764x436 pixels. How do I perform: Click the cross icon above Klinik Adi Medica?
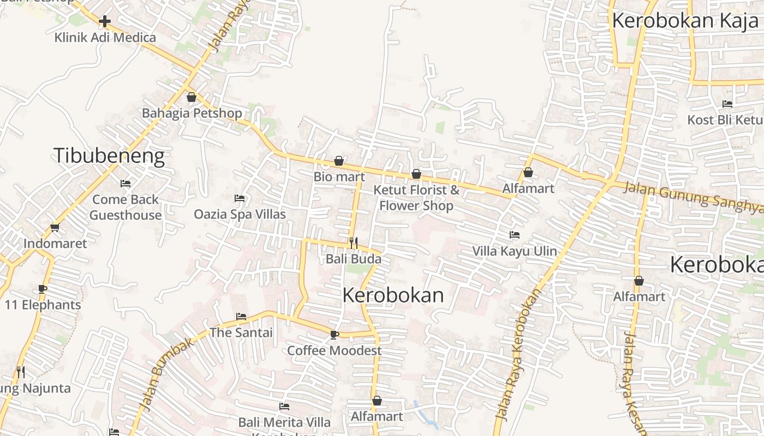[105, 21]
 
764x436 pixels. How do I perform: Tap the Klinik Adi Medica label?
[105, 38]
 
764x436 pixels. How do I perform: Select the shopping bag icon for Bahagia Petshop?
[192, 98]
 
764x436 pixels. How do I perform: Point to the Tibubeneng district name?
[109, 156]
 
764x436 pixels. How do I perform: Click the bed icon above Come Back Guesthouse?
[126, 184]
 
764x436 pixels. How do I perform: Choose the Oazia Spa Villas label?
[240, 214]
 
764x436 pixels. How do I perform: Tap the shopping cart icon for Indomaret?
[55, 228]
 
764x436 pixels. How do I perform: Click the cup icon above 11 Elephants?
[43, 289]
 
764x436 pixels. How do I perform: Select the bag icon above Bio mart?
[339, 161]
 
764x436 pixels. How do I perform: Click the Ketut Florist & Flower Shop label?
[416, 198]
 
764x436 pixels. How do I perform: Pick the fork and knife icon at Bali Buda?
[354, 243]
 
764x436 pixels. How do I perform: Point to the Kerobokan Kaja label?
[685, 21]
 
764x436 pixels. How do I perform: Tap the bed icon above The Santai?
[241, 317]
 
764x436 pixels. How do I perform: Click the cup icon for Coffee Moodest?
[335, 335]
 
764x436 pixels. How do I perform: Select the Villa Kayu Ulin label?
[515, 251]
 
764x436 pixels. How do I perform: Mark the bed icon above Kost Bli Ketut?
[727, 104]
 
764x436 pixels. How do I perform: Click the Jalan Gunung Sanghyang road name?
[693, 197]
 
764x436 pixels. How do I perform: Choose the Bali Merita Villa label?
[284, 422]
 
